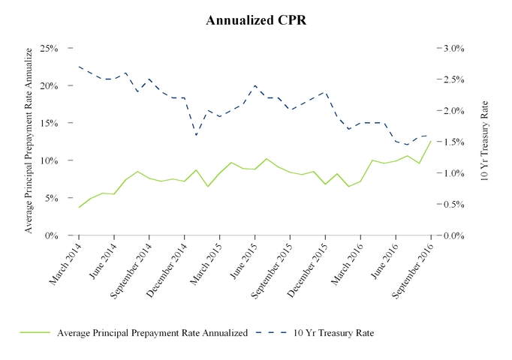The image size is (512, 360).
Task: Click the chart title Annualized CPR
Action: tap(256, 20)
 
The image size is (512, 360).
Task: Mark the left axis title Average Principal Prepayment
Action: tap(29, 139)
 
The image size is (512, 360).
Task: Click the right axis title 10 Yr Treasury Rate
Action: tap(484, 141)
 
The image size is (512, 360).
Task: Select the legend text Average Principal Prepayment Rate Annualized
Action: tap(152, 333)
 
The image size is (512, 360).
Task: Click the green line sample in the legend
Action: tap(32, 333)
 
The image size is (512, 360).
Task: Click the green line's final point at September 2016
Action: tap(431, 141)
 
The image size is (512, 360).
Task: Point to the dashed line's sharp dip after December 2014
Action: tap(196, 135)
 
